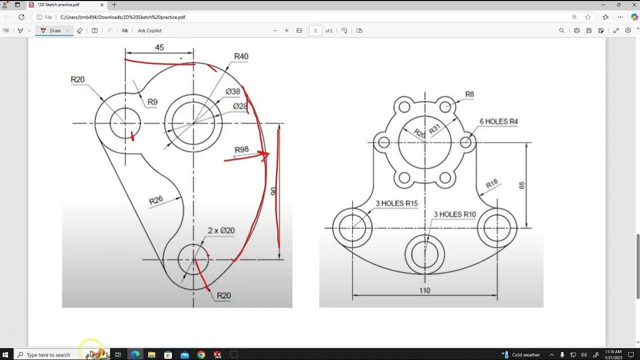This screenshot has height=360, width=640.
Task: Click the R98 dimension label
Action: pos(241,150)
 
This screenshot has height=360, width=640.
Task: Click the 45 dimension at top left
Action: pos(159,47)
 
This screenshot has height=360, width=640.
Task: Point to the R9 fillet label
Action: pos(152,102)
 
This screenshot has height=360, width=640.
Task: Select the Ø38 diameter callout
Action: pos(233,91)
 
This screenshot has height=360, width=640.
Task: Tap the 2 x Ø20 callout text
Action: pos(221,230)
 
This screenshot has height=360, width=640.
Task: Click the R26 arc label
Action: pos(156,201)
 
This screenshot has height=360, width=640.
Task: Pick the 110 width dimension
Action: pos(424,290)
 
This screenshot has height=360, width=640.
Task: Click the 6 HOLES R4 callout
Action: pos(498,121)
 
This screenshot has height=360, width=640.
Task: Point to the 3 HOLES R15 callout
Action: pos(396,203)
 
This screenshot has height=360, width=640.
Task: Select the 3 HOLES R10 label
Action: pos(454,214)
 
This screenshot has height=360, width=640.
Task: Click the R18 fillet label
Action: pos(492,184)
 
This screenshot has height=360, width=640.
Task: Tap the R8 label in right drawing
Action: pos(469,94)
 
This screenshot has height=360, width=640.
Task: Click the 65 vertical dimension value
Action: pos(522,185)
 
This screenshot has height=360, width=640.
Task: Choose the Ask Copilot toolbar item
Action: pos(149,30)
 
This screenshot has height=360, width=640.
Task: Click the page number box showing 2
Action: pos(315,30)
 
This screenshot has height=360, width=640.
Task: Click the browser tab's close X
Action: pos(101,4)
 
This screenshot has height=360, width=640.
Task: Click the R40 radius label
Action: pos(241,56)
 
